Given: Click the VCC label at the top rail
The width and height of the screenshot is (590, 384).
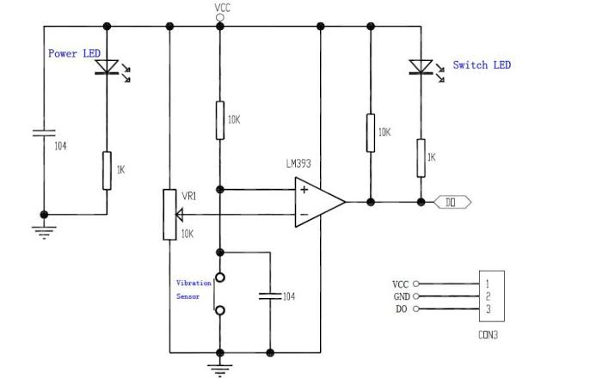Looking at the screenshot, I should click(x=223, y=8).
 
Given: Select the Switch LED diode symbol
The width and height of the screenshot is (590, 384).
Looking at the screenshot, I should click(x=421, y=67).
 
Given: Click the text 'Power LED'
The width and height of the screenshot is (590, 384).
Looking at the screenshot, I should click(x=74, y=53).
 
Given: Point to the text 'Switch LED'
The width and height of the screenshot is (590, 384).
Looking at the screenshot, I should click(x=482, y=65).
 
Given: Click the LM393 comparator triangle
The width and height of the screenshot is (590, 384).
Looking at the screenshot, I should click(x=317, y=203).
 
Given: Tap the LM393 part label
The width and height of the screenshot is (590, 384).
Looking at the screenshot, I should click(x=303, y=163).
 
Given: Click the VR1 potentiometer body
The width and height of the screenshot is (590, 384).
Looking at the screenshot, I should click(x=170, y=212).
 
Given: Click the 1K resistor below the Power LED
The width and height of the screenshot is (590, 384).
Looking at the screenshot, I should click(x=108, y=169).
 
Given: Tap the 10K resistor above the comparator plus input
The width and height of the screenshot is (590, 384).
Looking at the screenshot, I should click(x=221, y=120).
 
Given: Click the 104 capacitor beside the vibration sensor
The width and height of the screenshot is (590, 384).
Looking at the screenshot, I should click(x=270, y=296).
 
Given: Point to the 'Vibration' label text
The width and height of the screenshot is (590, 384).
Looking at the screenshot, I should click(x=193, y=283).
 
